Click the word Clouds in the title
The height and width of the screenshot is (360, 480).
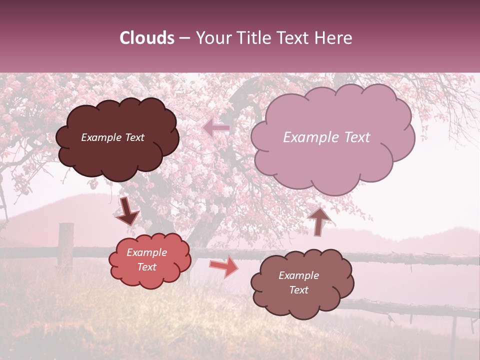(x=147, y=38)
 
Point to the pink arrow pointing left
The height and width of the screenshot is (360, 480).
(x=216, y=128)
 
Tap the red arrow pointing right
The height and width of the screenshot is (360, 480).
(x=224, y=266)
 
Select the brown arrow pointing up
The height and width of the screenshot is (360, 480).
(x=319, y=220)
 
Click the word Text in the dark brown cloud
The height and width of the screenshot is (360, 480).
(x=134, y=137)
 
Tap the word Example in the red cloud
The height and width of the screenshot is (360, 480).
(x=146, y=252)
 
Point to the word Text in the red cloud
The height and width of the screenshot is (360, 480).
(x=146, y=267)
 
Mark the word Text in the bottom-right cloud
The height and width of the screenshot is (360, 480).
(x=298, y=290)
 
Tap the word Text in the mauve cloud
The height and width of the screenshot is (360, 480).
(x=355, y=137)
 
